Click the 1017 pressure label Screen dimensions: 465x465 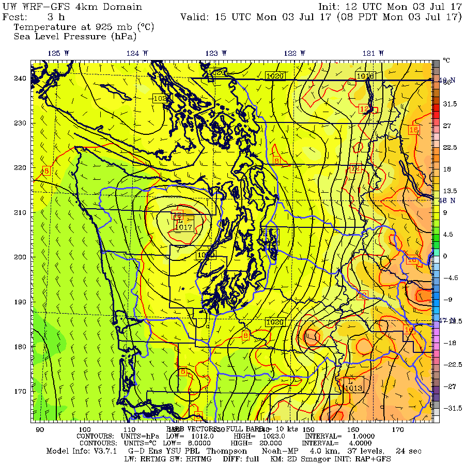click(x=184, y=227)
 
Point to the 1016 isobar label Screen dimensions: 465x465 click(x=365, y=76)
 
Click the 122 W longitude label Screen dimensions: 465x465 click(x=294, y=53)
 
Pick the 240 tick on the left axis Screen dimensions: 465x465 click(x=20, y=79)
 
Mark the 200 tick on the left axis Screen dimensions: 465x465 click(x=20, y=257)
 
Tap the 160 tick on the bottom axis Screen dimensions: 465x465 click(x=353, y=429)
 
